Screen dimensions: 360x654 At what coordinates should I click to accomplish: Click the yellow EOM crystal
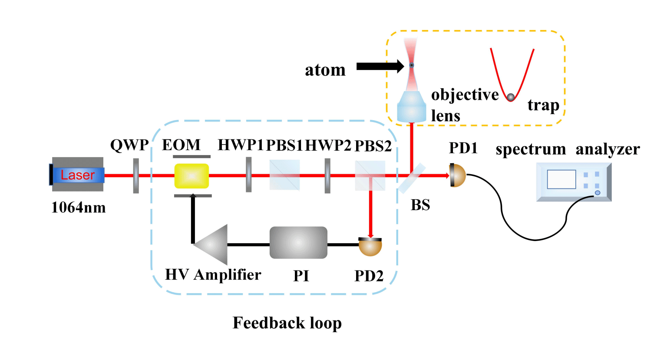192,175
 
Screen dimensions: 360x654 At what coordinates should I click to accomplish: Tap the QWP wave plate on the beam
136,175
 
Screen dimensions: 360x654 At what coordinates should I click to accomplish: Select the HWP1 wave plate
248,175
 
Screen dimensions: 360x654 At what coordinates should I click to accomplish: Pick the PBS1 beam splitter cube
284,175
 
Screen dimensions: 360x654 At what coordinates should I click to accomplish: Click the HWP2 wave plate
327,175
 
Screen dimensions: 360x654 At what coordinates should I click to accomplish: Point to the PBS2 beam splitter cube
370,175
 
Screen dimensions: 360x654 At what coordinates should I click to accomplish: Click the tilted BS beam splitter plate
412,178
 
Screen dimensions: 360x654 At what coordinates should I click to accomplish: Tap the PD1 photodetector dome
458,175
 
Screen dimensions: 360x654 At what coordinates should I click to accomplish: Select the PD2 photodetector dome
370,247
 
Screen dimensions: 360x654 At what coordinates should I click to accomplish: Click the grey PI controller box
298,242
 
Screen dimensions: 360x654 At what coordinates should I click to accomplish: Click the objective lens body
412,107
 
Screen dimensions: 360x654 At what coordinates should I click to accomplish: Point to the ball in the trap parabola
511,97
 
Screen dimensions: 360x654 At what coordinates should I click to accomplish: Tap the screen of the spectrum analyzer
561,179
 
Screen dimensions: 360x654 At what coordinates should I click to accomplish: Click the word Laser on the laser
78,175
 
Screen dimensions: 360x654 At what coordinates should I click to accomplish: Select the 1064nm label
79,208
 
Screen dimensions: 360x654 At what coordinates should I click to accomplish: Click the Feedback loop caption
287,323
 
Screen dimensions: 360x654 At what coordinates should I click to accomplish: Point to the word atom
325,70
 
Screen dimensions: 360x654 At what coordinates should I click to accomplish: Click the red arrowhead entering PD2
370,234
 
